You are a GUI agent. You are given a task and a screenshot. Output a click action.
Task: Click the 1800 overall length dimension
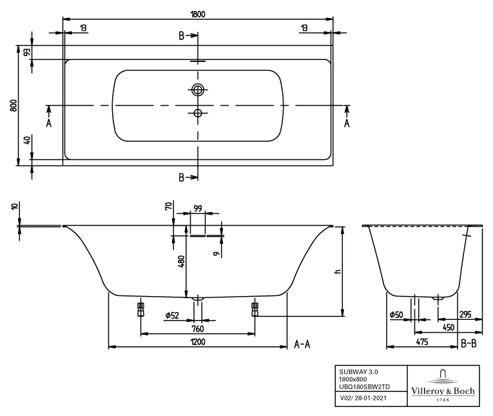point(198,13)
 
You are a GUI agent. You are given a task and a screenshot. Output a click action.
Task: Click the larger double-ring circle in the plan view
point(198,89)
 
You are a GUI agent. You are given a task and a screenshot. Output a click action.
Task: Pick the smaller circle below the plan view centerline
point(198,114)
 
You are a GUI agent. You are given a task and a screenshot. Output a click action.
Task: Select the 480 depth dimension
point(181,261)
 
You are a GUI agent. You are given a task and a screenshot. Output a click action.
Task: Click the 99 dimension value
point(198,207)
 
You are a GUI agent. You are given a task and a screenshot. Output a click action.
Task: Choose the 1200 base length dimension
point(197,342)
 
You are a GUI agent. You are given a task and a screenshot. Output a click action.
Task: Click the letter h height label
point(337,272)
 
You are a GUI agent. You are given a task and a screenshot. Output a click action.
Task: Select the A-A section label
point(302,344)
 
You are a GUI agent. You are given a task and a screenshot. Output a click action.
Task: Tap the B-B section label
point(469,344)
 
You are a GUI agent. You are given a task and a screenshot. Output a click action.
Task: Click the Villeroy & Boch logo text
point(443,391)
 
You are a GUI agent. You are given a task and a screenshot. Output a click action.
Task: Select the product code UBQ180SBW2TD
point(365,387)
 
